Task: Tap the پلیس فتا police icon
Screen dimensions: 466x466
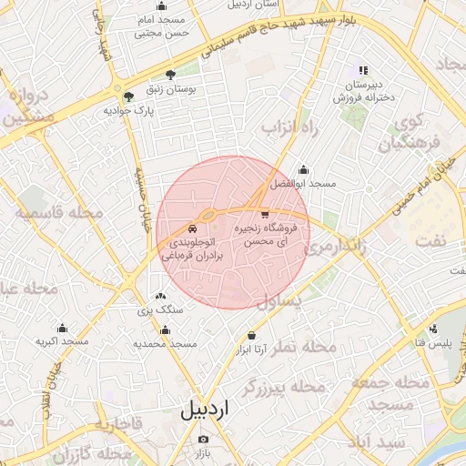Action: [432, 329]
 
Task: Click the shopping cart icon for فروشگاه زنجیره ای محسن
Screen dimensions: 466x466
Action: [265, 216]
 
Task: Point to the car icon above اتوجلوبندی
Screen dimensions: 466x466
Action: [192, 228]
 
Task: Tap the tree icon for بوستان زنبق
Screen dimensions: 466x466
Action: [170, 76]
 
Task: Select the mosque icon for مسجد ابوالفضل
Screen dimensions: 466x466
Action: [303, 169]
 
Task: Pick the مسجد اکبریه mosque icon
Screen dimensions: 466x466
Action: [62, 328]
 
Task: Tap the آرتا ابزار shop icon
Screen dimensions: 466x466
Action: [251, 335]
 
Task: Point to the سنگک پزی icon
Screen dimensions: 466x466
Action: [160, 295]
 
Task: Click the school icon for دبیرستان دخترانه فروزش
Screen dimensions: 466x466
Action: [362, 70]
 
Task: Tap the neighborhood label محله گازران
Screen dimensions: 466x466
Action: [89, 453]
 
